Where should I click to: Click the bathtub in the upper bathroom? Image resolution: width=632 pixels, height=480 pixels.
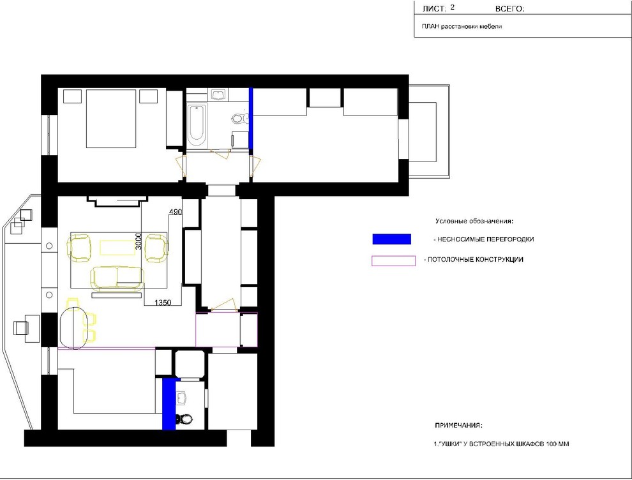click(x=197, y=125)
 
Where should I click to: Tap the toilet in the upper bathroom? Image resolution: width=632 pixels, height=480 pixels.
click(x=238, y=118)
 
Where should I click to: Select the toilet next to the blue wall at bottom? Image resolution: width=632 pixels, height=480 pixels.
click(x=185, y=418)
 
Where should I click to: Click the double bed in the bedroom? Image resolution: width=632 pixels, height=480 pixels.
click(x=111, y=119)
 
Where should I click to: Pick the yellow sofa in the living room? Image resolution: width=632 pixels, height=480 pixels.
click(x=117, y=278)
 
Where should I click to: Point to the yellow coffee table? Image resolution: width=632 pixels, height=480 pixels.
click(x=117, y=248)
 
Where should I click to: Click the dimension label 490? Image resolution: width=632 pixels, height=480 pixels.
click(x=176, y=211)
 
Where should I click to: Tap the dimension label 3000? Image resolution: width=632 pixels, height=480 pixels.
click(x=139, y=241)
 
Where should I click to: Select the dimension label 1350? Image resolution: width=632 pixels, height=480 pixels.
click(x=163, y=303)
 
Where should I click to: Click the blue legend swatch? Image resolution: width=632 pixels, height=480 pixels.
click(x=392, y=239)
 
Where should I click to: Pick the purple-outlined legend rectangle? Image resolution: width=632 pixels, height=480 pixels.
click(x=393, y=261)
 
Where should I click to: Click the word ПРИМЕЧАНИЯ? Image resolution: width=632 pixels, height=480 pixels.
click(x=458, y=425)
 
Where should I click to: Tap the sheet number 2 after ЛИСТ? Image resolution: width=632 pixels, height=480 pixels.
click(x=452, y=7)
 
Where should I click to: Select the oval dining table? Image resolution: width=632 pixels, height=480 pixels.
click(x=73, y=328)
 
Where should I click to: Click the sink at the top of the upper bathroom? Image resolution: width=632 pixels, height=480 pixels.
click(x=218, y=94)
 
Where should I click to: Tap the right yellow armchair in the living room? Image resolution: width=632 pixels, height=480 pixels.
click(x=156, y=248)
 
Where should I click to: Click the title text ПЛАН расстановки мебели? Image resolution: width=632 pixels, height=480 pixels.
click(x=462, y=27)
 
